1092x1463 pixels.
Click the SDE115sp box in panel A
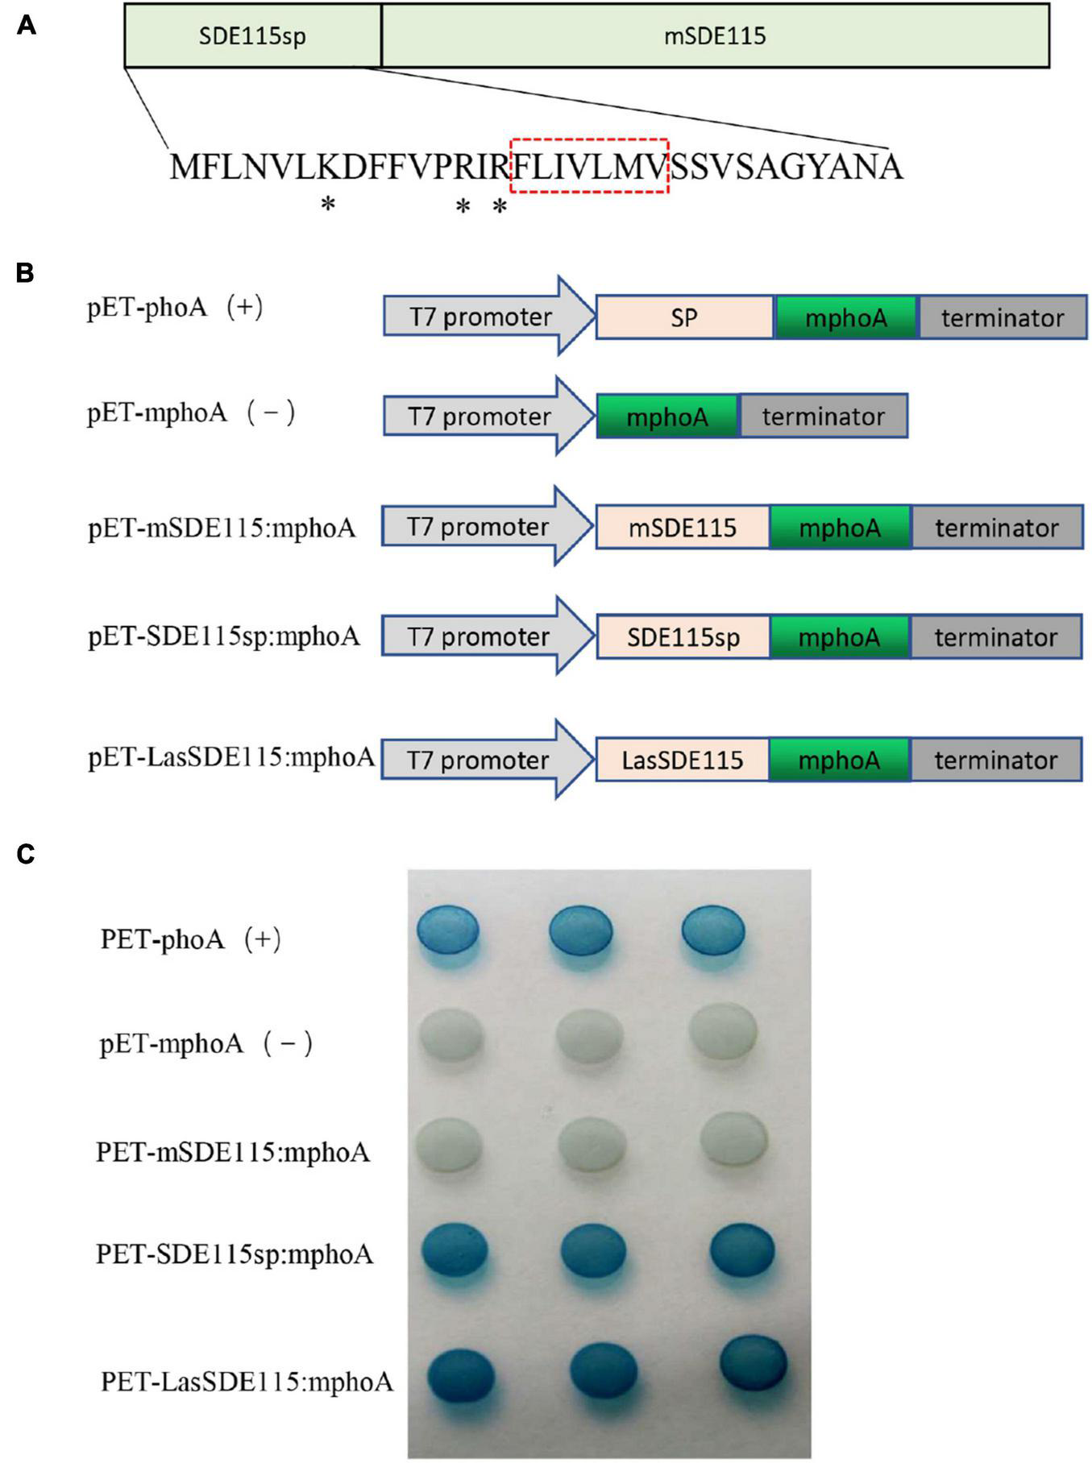[x=252, y=36]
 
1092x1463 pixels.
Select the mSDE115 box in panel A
[x=715, y=36]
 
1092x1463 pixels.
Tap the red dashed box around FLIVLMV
[x=590, y=166]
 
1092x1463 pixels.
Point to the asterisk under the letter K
[x=328, y=205]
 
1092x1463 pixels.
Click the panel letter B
[x=26, y=273]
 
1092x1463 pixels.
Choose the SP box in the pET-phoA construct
[x=684, y=317]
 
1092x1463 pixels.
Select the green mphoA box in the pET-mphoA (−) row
[x=667, y=417]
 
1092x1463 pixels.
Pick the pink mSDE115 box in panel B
[x=683, y=528]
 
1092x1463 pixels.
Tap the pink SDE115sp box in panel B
[x=683, y=637]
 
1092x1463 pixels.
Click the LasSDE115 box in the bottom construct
[x=683, y=761]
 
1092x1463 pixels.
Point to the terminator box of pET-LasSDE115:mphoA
[x=996, y=761]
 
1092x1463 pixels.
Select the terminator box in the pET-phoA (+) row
[x=1003, y=317]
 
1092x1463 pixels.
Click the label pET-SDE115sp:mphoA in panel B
[x=224, y=637]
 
